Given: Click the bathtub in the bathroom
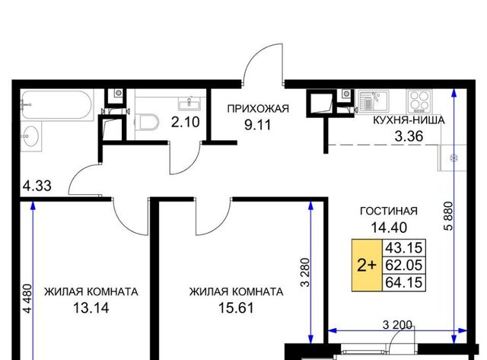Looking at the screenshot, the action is tap(57, 105).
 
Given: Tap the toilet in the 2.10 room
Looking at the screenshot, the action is tap(147, 122).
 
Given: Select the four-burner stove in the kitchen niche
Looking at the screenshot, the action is tap(419, 101).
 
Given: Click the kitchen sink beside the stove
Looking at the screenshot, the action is tap(373, 100).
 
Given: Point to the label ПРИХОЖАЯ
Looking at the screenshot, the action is tap(258, 109).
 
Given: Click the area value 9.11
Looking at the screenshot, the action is tap(258, 125).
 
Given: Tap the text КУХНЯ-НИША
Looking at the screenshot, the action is tap(409, 120).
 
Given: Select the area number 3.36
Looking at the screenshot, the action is tap(409, 136).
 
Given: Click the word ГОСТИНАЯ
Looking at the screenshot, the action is tap(389, 212).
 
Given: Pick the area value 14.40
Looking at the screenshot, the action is tap(389, 228).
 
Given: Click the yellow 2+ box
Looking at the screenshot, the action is tap(367, 266).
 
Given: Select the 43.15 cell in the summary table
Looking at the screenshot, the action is tap(404, 248).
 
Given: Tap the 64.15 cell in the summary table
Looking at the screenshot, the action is tap(404, 282).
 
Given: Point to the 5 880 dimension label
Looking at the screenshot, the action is tap(448, 216).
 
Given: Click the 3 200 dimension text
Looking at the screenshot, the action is tap(397, 325).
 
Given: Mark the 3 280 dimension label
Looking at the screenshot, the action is tap(306, 272).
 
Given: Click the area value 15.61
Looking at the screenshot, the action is tap(236, 307).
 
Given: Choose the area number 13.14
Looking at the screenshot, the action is tap(91, 307).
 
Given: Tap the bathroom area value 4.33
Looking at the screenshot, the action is tap(37, 186).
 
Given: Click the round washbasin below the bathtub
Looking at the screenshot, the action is tap(30, 136).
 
